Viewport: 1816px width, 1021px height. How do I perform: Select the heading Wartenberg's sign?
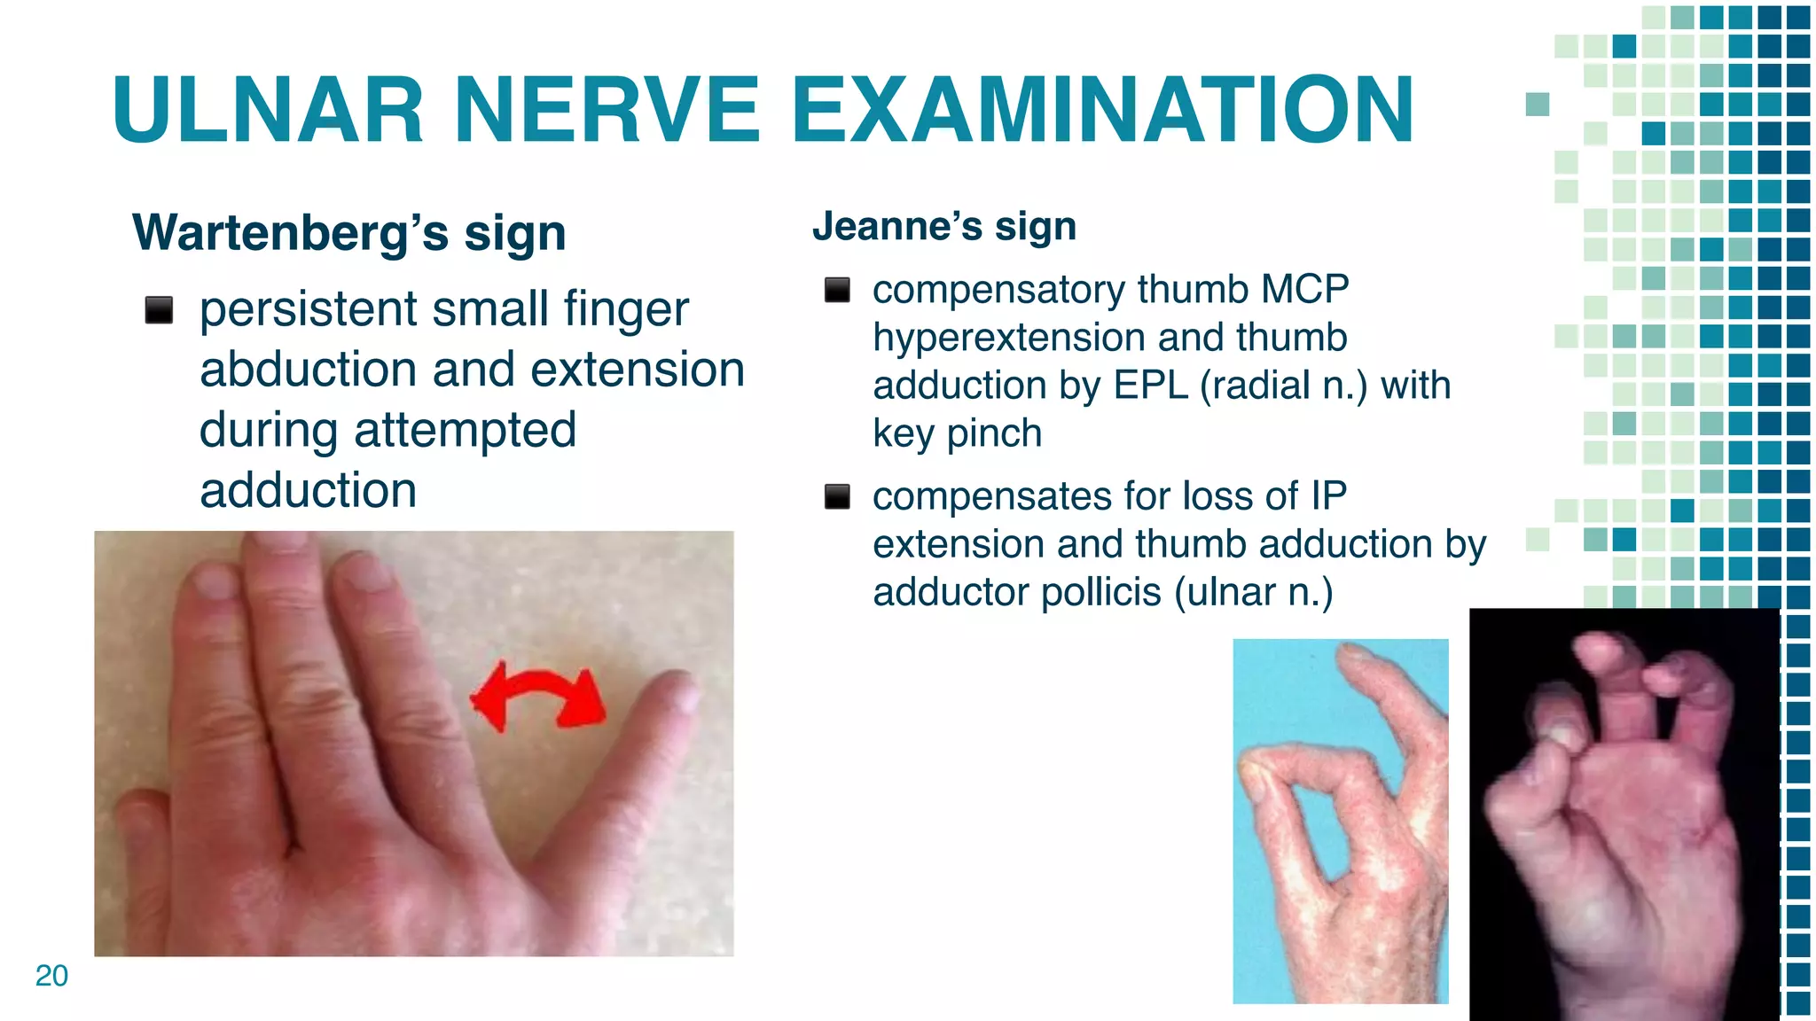[x=348, y=232]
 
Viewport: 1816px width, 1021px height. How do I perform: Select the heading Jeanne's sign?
[x=944, y=226]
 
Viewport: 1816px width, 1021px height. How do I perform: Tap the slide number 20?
[x=51, y=975]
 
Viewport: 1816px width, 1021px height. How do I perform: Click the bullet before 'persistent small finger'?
[x=159, y=310]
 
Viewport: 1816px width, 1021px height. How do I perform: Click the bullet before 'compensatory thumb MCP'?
[x=837, y=290]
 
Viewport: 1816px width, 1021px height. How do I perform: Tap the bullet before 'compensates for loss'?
[x=837, y=496]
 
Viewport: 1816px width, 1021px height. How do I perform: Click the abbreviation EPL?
[x=1150, y=386]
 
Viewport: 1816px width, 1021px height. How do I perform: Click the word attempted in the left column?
[x=465, y=430]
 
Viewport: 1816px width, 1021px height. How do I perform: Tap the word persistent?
[x=308, y=309]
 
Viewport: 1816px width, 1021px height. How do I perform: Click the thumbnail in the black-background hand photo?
[x=1562, y=733]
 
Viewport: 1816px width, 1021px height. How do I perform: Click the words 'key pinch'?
[x=957, y=433]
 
